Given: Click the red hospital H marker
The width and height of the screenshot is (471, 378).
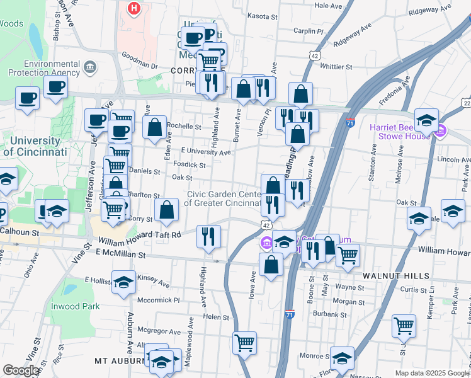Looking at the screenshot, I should click(x=133, y=9).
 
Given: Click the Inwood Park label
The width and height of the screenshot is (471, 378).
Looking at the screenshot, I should click(x=75, y=306).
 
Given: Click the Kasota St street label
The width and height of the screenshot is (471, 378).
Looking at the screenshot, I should click(x=263, y=16).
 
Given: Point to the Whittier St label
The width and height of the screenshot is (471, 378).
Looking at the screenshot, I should click(x=336, y=66).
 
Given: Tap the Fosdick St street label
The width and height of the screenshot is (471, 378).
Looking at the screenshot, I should click(x=189, y=165).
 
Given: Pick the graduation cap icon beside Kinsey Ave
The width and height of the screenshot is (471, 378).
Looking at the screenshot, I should click(x=123, y=282).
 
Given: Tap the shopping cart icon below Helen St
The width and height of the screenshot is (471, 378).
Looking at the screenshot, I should click(x=244, y=343).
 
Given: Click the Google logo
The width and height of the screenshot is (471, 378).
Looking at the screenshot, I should click(x=21, y=371).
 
